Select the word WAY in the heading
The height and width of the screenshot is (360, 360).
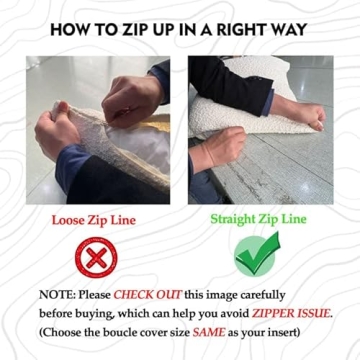[x=289, y=29]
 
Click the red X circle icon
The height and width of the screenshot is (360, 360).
[x=96, y=257]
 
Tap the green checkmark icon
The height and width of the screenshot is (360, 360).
[x=257, y=254]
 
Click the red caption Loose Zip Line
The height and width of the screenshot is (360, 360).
[x=94, y=220]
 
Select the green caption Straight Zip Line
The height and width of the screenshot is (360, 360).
[x=258, y=220]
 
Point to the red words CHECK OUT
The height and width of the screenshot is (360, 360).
[x=147, y=295]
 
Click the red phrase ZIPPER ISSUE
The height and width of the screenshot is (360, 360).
[x=292, y=314]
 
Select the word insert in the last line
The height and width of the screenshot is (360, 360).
[x=282, y=333]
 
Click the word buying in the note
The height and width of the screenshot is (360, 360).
[x=98, y=314]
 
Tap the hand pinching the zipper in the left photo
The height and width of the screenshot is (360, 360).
[x=131, y=102]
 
